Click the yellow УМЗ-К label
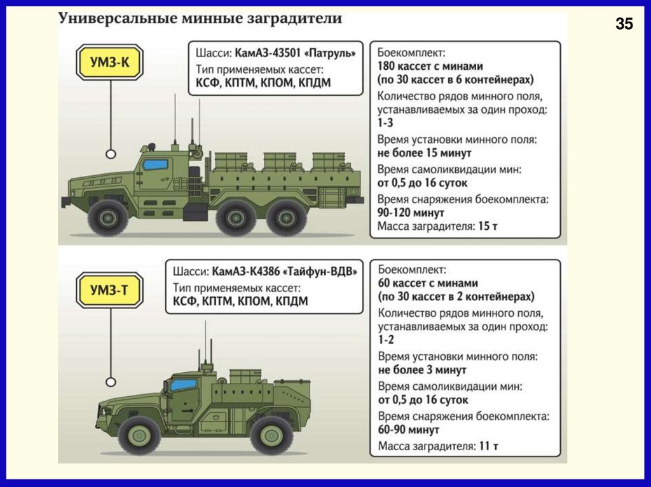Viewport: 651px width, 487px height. pyautogui.click(x=109, y=62)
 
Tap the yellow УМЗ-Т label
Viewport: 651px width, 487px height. pyautogui.click(x=109, y=291)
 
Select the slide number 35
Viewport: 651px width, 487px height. pyautogui.click(x=624, y=25)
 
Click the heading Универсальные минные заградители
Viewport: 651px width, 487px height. pyautogui.click(x=200, y=18)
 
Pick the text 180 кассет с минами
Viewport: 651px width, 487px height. pyautogui.click(x=430, y=65)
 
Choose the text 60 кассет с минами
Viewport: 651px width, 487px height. pyautogui.click(x=427, y=283)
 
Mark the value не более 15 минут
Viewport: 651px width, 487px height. pyautogui.click(x=425, y=153)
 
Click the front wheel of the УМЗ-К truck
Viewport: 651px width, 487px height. pyautogui.click(x=108, y=217)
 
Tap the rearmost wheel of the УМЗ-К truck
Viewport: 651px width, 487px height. pyautogui.click(x=287, y=217)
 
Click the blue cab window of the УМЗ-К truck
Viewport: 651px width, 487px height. pyautogui.click(x=154, y=164)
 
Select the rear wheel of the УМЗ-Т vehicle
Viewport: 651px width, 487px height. pyautogui.click(x=271, y=434)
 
